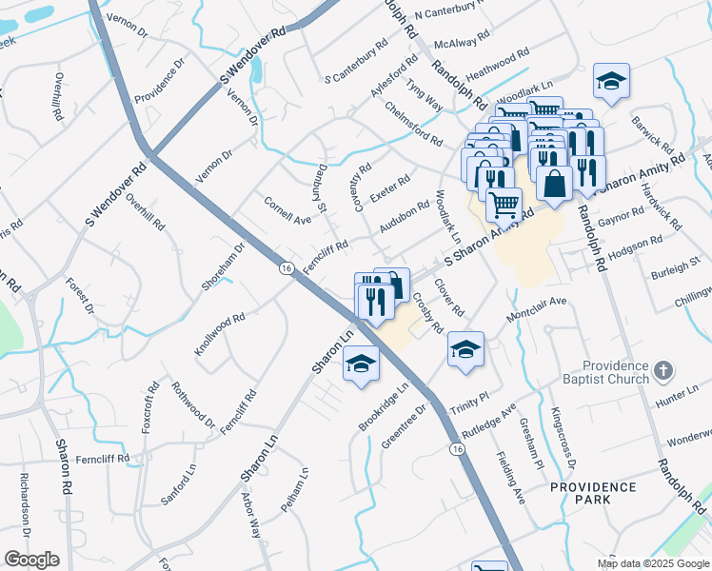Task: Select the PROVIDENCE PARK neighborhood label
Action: [x=593, y=493]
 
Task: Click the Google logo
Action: [x=32, y=560]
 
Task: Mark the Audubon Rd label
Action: [x=405, y=216]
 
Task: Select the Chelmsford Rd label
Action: [x=414, y=124]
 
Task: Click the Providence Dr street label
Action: [x=158, y=82]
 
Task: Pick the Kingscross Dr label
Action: [x=564, y=438]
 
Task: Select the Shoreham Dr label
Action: [x=224, y=266]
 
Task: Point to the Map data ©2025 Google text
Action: [x=652, y=563]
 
